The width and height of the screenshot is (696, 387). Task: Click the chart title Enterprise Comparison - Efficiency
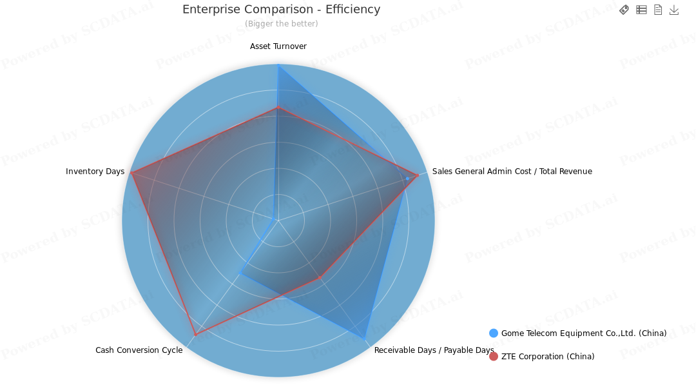pos(281,10)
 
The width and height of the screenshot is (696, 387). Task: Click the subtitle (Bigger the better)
pos(281,24)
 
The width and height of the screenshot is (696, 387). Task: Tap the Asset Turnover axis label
pos(278,46)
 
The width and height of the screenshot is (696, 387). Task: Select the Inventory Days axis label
pos(95,172)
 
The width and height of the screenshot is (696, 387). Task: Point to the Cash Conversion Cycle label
pos(139,350)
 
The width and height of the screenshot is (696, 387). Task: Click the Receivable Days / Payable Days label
pos(434,350)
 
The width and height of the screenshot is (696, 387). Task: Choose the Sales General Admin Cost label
pos(512,172)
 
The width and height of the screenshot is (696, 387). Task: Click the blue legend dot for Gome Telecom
pos(494,333)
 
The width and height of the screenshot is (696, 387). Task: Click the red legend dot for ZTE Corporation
pos(494,357)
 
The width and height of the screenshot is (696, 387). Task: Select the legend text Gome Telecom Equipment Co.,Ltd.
pos(584,333)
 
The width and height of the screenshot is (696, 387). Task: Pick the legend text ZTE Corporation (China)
pos(548,357)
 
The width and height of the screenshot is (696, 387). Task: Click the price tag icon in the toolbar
pos(624,10)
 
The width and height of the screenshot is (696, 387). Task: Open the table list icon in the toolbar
pos(641,10)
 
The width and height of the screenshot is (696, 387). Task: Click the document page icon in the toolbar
pos(658,10)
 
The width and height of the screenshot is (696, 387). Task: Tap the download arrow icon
pos(674,10)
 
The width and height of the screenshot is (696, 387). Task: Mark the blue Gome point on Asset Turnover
pos(278,65)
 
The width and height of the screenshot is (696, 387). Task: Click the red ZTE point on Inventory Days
pos(131,173)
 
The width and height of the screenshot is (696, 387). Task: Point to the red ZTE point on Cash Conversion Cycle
pos(195,334)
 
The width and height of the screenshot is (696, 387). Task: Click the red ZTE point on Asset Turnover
pos(278,108)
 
